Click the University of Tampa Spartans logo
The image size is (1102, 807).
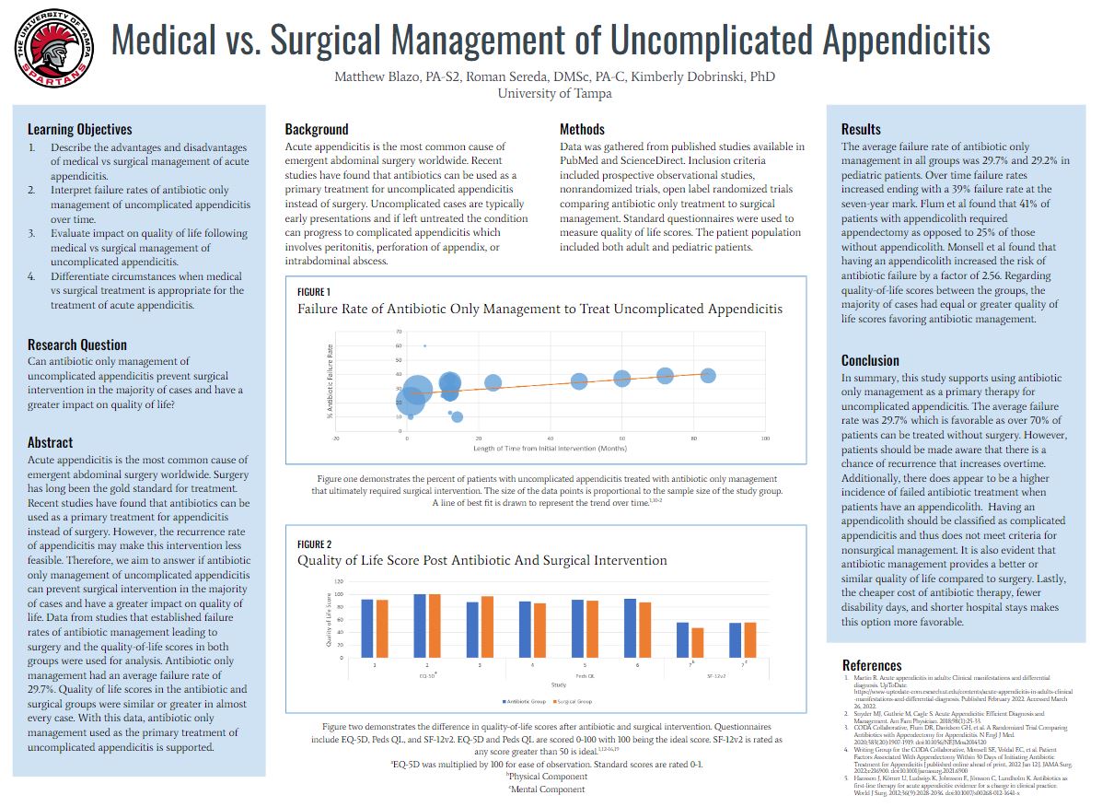point(52,45)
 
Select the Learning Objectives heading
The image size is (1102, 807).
point(80,130)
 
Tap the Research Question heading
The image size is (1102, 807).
point(77,345)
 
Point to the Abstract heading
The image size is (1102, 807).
point(51,442)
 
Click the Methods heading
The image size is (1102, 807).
point(583,129)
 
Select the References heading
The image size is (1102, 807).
point(872,665)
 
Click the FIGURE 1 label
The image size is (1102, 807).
point(314,291)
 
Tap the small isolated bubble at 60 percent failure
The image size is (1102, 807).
point(424,345)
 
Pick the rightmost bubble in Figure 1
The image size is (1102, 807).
point(708,375)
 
